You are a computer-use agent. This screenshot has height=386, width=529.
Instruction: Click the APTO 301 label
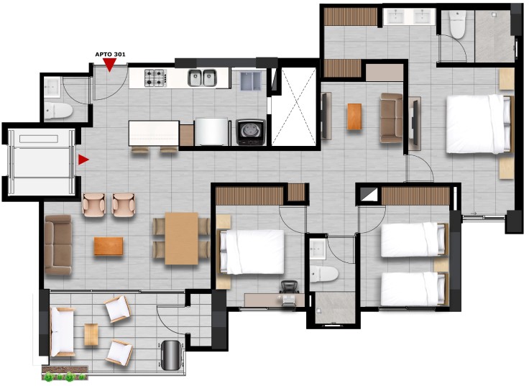[110, 55]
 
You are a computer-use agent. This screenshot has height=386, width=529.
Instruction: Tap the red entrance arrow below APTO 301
[110, 65]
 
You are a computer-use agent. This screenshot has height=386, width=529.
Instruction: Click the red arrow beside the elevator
[83, 160]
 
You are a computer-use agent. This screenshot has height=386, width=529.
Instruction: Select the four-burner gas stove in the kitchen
[155, 78]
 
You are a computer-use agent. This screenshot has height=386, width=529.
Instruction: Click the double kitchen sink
[202, 78]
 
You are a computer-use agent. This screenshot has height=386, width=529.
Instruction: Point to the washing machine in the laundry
[251, 132]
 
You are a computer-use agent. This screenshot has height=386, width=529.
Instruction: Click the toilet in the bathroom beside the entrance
[58, 110]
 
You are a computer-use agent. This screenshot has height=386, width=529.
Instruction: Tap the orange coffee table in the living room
[109, 246]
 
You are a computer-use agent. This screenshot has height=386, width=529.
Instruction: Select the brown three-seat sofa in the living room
[58, 244]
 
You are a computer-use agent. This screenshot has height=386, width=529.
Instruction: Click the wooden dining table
[182, 238]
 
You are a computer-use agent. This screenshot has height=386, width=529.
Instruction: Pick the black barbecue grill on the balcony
[172, 354]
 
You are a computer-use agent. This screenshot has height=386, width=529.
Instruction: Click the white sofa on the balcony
[62, 331]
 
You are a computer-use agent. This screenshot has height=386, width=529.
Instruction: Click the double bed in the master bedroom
[479, 124]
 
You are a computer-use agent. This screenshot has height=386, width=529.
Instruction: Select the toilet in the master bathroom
[458, 23]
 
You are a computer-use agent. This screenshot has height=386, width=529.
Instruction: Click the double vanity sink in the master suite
[409, 17]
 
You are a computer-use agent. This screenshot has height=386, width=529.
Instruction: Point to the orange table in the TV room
[354, 116]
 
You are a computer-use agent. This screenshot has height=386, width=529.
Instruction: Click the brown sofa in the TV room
[391, 117]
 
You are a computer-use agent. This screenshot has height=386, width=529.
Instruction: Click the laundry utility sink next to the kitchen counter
[251, 81]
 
